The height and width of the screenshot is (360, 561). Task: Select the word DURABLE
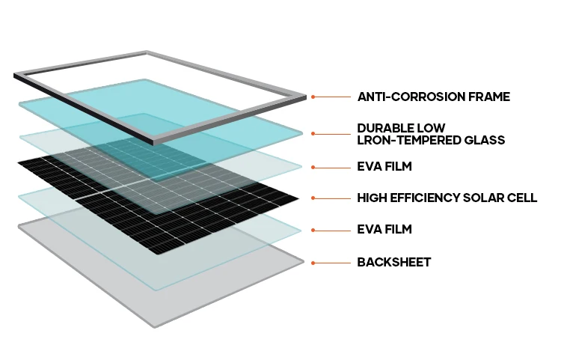point(386,128)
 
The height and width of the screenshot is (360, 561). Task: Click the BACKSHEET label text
point(394,263)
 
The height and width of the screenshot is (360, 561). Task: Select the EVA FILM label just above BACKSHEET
point(384,230)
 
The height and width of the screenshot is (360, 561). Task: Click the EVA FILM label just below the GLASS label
point(384,166)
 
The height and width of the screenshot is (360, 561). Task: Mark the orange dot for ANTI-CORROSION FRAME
point(313,97)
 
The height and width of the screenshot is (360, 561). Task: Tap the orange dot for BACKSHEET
point(313,263)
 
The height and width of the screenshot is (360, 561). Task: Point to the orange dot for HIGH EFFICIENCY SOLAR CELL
point(313,198)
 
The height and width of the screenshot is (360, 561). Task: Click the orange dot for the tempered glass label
point(313,135)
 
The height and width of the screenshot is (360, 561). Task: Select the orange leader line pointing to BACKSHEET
point(333,263)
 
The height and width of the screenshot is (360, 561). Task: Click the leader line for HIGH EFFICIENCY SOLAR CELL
point(333,198)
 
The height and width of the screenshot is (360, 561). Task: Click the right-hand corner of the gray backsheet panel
point(303,261)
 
